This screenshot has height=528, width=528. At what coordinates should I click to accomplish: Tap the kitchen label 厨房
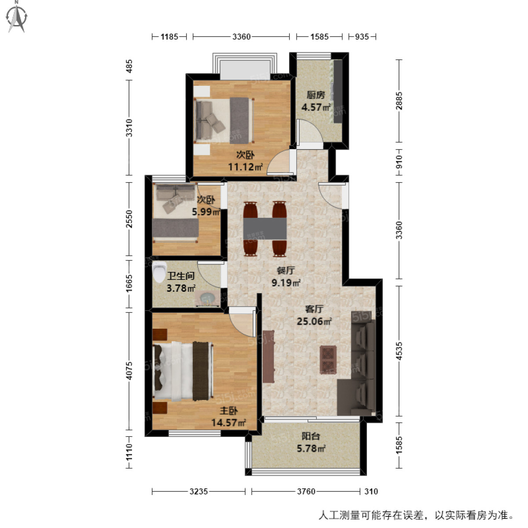click(x=315, y=95)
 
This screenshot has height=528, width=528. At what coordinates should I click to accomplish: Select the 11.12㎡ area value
click(x=245, y=167)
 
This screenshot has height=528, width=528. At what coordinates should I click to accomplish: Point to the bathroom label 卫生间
click(x=181, y=276)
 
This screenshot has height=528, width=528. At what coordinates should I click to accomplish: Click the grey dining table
click(x=265, y=228)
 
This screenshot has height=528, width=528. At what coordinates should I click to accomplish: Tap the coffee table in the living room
click(x=328, y=359)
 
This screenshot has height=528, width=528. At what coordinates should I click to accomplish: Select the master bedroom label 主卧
click(x=228, y=411)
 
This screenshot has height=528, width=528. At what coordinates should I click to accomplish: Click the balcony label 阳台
click(x=311, y=436)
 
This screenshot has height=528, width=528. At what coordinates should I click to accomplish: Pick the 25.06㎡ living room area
click(x=314, y=322)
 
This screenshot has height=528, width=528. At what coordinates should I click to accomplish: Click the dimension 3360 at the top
click(x=241, y=37)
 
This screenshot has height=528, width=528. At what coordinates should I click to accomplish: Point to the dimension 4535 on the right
click(x=399, y=351)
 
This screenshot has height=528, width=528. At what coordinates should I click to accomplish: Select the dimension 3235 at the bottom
click(x=198, y=491)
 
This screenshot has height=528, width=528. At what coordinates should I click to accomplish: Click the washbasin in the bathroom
click(x=206, y=298)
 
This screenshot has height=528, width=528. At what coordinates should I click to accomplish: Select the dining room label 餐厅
click(x=286, y=271)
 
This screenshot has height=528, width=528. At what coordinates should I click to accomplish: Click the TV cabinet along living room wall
click(x=268, y=356)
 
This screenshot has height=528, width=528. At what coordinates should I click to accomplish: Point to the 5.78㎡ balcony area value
click(x=311, y=449)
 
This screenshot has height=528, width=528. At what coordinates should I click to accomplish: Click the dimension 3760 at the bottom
click(x=306, y=491)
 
